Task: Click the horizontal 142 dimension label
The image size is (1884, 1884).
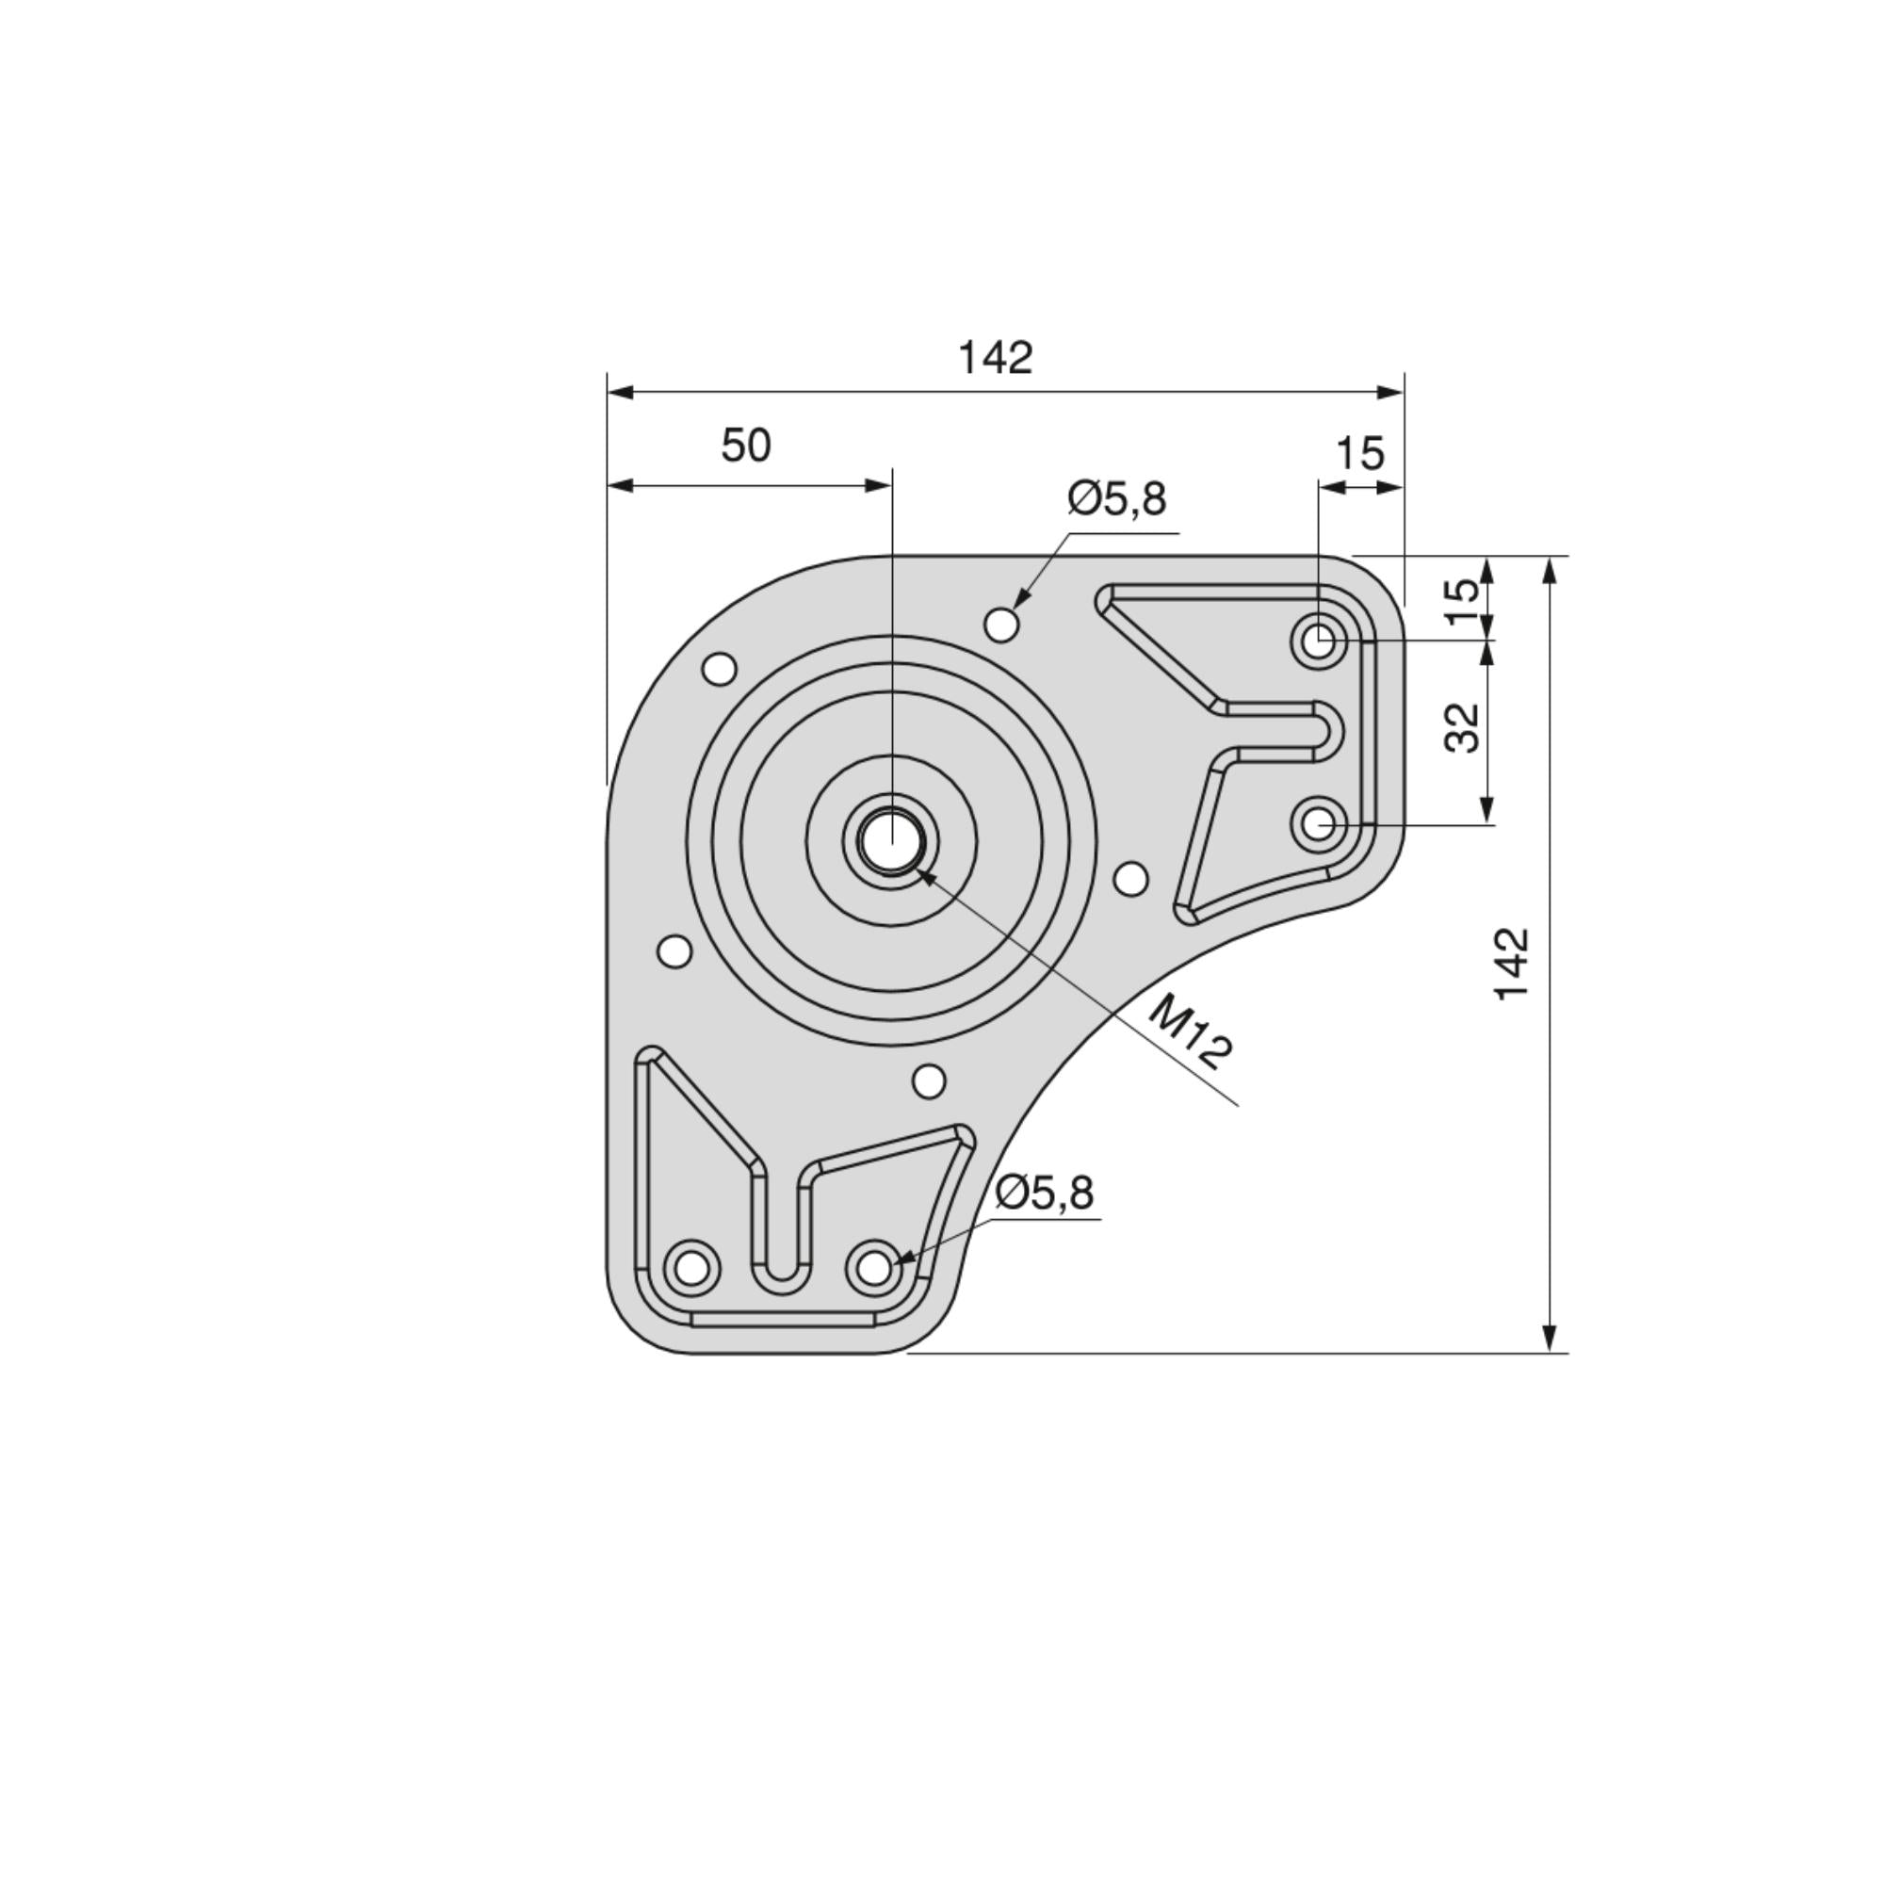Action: point(995,358)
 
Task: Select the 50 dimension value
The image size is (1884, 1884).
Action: point(746,446)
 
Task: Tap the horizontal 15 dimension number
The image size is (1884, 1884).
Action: point(1358,453)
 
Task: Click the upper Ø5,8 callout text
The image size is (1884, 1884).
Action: point(1116,498)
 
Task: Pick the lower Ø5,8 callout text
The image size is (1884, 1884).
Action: point(1046,1193)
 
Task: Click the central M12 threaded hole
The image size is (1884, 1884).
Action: point(890,840)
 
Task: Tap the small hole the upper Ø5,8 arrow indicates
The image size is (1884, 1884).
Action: point(1001,625)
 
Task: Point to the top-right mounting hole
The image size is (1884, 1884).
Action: point(1320,641)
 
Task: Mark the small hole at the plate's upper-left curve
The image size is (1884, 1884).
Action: point(720,670)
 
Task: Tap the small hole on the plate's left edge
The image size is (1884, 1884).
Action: point(674,950)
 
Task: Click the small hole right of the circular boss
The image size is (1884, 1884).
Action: point(1130,879)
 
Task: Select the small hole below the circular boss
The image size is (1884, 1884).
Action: point(929,1080)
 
